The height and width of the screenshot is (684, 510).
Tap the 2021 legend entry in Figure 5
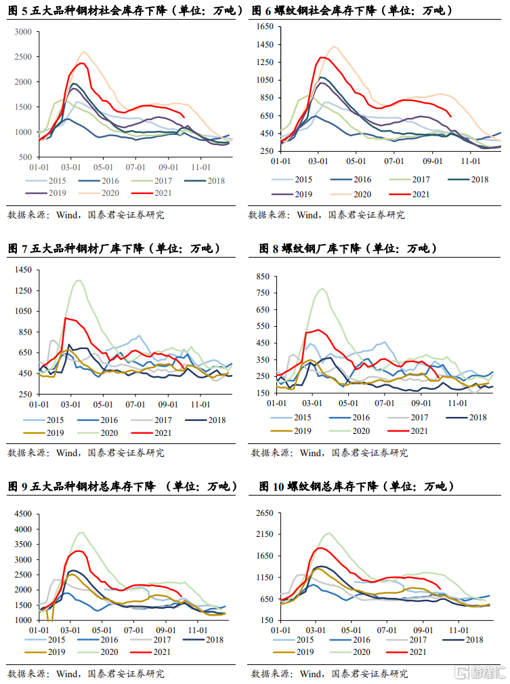coord(156,193)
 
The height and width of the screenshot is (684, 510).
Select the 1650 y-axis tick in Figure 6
coord(263,27)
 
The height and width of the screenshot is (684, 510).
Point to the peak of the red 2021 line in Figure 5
coord(81,63)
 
